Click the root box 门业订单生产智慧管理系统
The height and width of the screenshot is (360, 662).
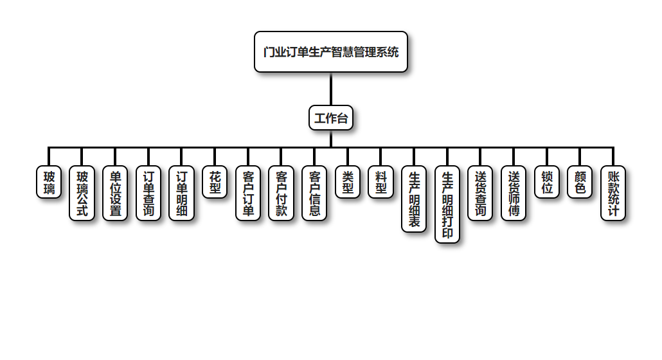331,52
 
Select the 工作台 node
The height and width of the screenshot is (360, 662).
331,118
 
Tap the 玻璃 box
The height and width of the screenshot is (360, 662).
49,182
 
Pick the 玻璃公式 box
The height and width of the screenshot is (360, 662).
82,194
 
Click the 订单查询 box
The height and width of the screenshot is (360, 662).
148,194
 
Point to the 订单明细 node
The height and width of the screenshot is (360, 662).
182,194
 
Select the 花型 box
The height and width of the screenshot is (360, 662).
215,182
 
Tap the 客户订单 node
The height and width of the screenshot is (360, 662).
248,194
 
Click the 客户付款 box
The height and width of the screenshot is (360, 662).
282,194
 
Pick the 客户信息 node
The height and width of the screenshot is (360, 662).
314,194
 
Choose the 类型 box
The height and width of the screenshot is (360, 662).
348,182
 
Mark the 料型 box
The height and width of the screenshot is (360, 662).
381,182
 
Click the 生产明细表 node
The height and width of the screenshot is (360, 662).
414,199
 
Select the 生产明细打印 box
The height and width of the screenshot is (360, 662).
447,205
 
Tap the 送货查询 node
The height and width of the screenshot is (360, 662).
480,194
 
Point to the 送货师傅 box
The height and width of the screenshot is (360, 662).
514,194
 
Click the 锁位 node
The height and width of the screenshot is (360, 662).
547,182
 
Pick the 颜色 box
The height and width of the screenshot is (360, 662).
580,182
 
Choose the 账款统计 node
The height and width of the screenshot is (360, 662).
613,194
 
